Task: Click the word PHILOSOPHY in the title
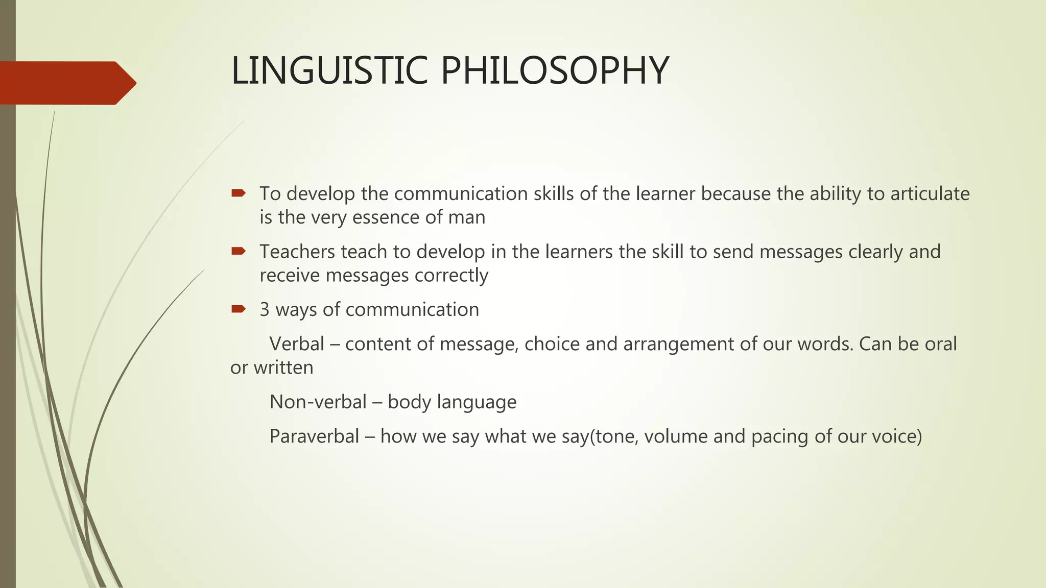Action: [x=554, y=70]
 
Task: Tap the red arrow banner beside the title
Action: [x=66, y=83]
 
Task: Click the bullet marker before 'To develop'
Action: [x=238, y=193]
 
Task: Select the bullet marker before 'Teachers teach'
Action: [x=238, y=251]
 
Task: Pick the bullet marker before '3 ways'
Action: [x=238, y=309]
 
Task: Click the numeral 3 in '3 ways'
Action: [x=265, y=310]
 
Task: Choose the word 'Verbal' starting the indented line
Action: [x=297, y=344]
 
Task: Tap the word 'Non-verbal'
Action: [x=318, y=402]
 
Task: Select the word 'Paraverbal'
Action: [x=314, y=436]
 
